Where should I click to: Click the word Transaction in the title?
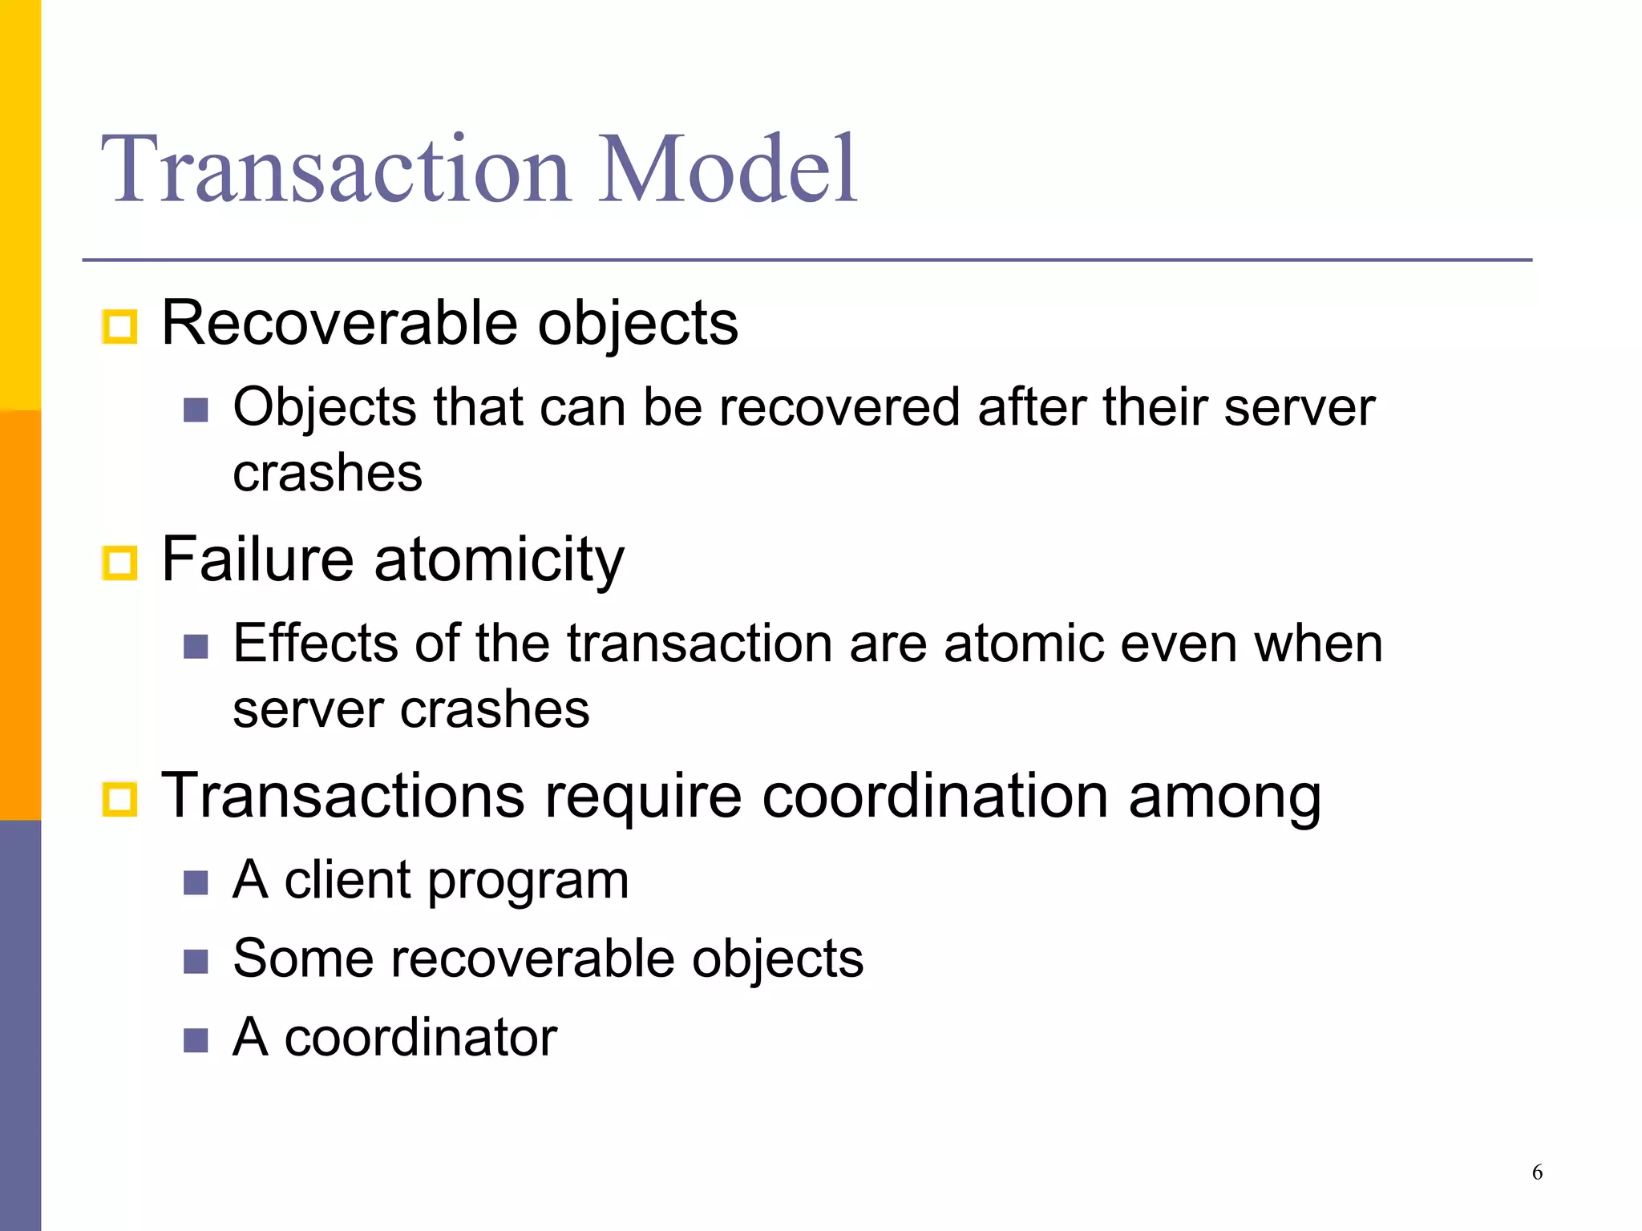[335, 170]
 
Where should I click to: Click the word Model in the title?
[728, 170]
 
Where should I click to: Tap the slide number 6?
[1537, 1172]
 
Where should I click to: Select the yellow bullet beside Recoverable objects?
[120, 326]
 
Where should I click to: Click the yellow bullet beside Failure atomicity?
[120, 563]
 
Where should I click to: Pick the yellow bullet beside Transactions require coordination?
[120, 799]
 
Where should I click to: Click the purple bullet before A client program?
[196, 883]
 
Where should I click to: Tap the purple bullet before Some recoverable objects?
[196, 961]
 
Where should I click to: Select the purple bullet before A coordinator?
[196, 1039]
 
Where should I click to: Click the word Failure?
[257, 559]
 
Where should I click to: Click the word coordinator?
[420, 1037]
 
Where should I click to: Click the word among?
[1224, 797]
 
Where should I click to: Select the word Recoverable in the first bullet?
[340, 323]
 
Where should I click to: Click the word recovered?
[839, 407]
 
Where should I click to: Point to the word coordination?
[935, 796]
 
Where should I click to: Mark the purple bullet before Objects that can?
[196, 410]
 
